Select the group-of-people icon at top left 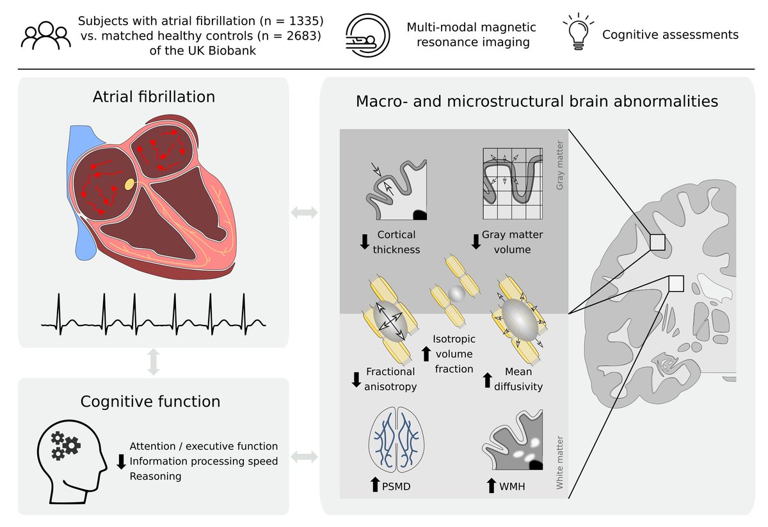pos(44,35)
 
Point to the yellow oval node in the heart pos(130,184)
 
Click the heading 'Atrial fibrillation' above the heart pos(153,97)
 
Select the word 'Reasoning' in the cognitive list pos(156,476)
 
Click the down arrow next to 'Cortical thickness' pos(364,242)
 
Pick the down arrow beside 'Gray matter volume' pos(476,242)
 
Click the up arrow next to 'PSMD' pos(375,486)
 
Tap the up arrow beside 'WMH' pos(492,486)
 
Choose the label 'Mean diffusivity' pos(518,379)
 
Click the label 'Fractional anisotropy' pos(390,379)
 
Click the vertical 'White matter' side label pos(560,468)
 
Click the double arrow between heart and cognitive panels pos(153,363)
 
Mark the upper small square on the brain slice pos(657,242)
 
